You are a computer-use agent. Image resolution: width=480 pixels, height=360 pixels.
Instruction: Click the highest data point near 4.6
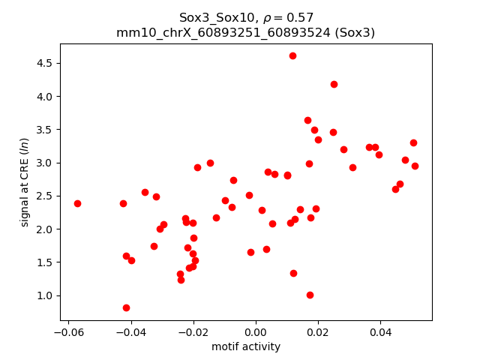(x=292, y=55)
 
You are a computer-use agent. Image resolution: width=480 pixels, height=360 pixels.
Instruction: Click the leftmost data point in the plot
(x=77, y=203)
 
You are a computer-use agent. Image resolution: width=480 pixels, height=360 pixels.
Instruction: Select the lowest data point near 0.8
(x=126, y=307)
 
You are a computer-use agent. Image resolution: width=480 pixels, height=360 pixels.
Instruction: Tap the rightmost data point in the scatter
(x=415, y=166)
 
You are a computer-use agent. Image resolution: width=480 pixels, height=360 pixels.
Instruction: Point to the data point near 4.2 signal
(x=334, y=84)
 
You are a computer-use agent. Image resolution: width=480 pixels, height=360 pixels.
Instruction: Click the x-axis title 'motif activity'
(x=246, y=346)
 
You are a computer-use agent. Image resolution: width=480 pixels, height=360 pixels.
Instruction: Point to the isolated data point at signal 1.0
(x=310, y=295)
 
